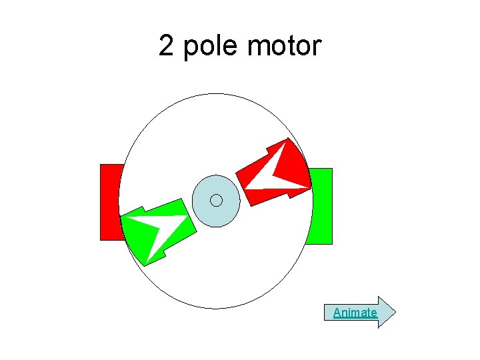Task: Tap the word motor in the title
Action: (x=284, y=47)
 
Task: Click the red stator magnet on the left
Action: (x=109, y=201)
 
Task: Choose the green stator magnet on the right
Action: (x=321, y=206)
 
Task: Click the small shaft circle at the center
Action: (x=216, y=200)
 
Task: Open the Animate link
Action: (x=355, y=312)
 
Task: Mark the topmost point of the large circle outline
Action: (x=215, y=93)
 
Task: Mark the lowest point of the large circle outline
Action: (x=215, y=308)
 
